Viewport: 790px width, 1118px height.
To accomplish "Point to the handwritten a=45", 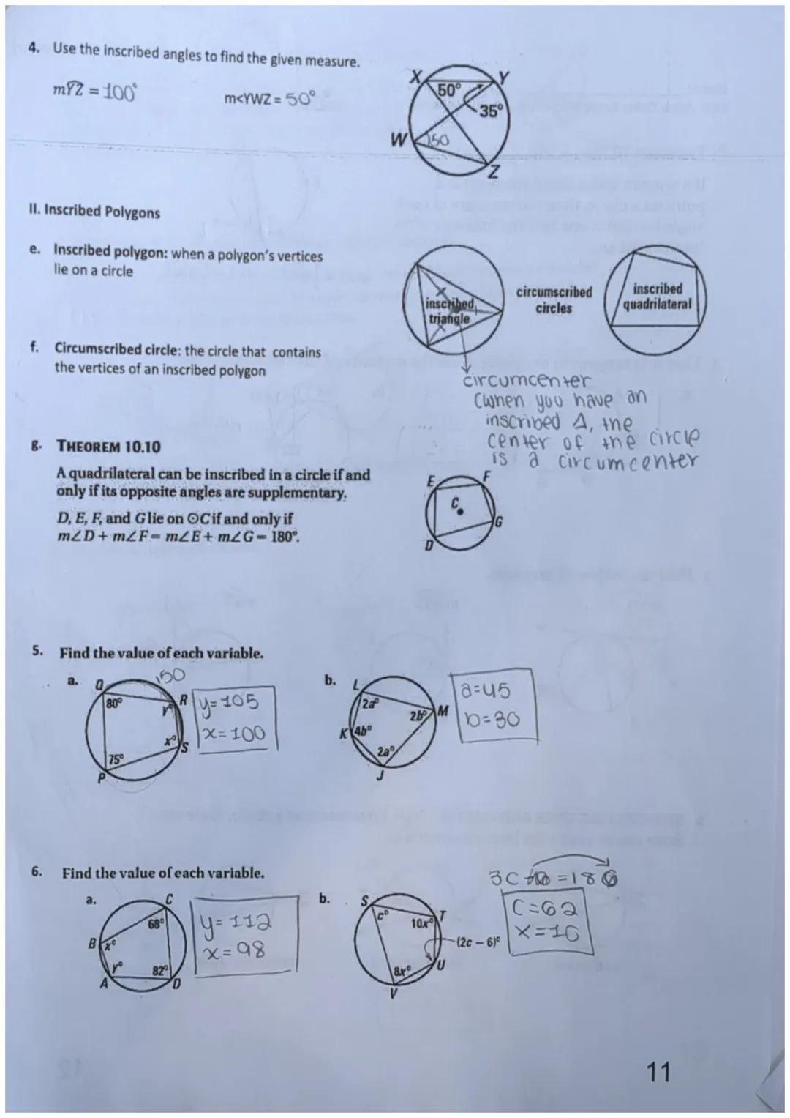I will coord(484,690).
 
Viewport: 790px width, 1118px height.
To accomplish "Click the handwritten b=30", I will coord(485,719).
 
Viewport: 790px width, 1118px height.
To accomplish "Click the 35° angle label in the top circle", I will coord(491,111).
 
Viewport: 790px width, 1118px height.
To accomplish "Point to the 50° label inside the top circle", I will coord(448,90).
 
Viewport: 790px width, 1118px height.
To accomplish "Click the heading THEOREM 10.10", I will coord(108,447).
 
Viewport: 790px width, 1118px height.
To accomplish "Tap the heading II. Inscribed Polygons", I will coord(94,212).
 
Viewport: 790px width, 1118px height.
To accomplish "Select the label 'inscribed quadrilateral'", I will coord(656,296).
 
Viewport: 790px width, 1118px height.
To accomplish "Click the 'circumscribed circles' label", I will coord(554,299).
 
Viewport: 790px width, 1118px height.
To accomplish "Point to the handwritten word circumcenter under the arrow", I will coord(525,381).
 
